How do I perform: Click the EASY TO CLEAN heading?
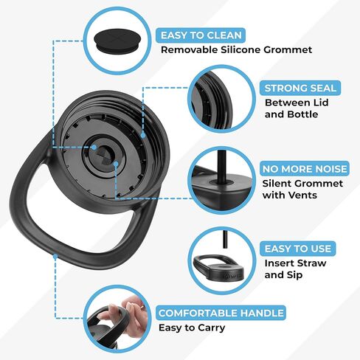pos(201,35)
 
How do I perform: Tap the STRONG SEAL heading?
pos(300,88)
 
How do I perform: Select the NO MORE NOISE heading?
pos(305,169)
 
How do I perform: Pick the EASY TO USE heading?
pos(298,249)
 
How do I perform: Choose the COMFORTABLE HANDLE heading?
pos(221,313)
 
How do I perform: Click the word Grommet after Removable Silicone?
pos(288,50)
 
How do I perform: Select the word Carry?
pos(212,328)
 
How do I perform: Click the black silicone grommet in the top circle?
pos(117,41)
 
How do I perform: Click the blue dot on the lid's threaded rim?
pos(143,135)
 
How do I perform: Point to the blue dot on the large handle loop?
pos(55,257)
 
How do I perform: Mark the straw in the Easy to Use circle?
pos(224,239)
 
